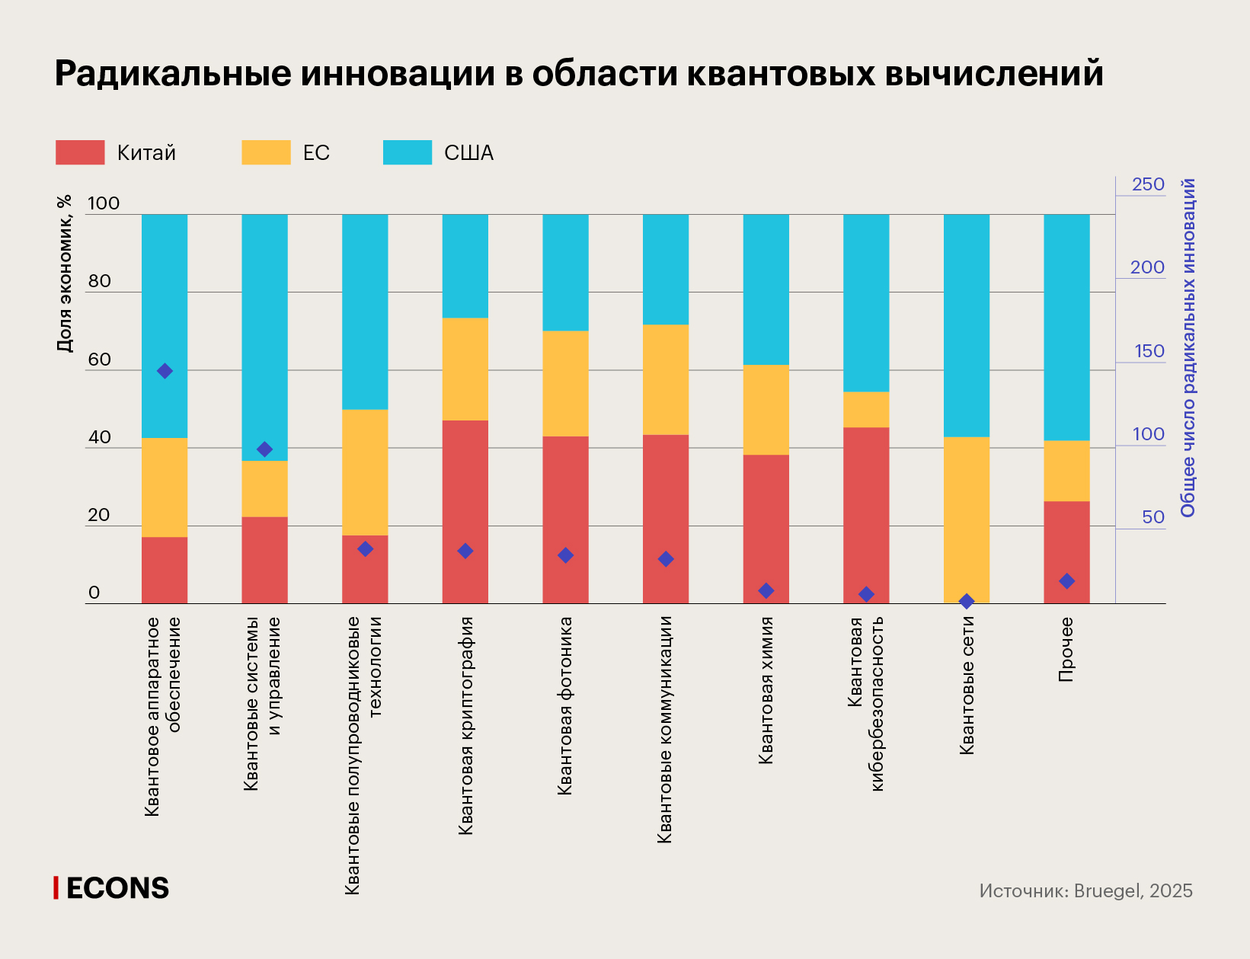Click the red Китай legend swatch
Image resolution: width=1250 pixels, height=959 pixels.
80,152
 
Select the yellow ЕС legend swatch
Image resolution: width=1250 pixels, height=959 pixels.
266,152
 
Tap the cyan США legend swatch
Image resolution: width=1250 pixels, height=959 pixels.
407,152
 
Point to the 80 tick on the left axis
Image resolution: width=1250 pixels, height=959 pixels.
99,281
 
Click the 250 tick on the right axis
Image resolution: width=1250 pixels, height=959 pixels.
1148,184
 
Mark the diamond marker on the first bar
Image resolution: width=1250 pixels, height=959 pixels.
165,371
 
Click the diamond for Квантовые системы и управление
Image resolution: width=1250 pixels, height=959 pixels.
264,449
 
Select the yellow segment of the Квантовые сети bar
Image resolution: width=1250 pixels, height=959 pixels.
966,518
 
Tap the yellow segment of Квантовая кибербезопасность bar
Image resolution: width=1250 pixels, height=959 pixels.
866,410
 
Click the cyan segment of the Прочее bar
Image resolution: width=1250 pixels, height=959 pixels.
1066,328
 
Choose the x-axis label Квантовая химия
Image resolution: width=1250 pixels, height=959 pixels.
766,690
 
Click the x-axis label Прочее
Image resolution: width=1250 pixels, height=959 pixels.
1066,649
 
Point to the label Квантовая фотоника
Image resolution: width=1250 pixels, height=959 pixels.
564,706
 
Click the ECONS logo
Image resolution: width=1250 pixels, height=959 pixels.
112,888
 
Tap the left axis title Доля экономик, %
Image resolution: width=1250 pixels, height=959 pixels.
65,273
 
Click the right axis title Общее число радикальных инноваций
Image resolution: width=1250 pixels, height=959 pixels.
1188,347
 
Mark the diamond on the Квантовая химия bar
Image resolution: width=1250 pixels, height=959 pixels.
766,591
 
